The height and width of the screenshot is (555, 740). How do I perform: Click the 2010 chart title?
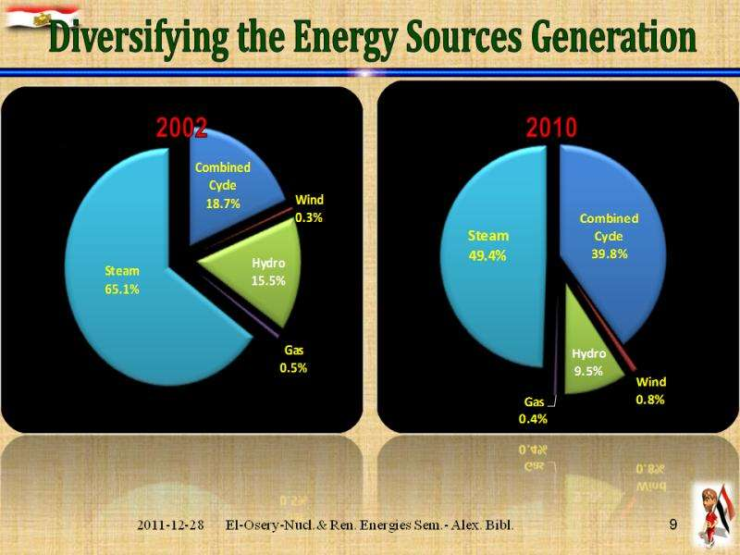pyautogui.click(x=551, y=128)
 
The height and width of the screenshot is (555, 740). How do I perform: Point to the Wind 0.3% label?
pyautogui.click(x=310, y=208)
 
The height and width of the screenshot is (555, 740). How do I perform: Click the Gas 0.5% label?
pyautogui.click(x=294, y=359)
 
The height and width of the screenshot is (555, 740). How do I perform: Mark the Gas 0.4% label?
pyautogui.click(x=534, y=410)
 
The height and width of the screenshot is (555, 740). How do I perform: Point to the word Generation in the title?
pyautogui.click(x=610, y=39)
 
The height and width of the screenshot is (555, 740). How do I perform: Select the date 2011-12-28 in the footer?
pyautogui.click(x=171, y=524)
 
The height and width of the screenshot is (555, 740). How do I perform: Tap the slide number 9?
pyautogui.click(x=673, y=524)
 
